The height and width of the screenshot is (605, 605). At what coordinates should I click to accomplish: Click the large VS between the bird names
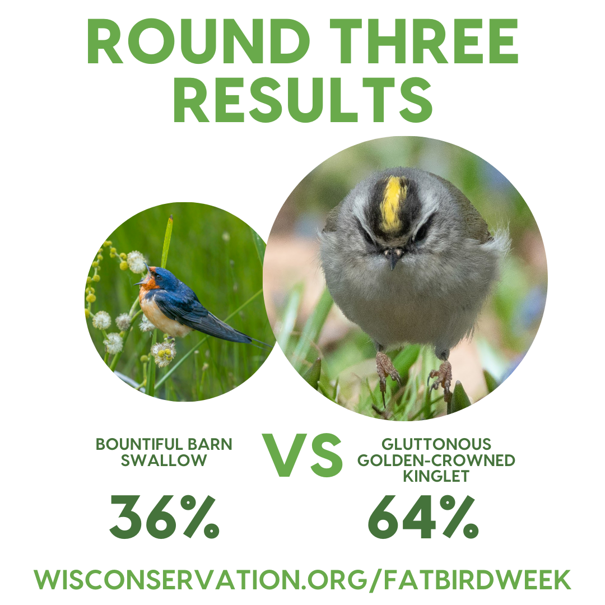303,455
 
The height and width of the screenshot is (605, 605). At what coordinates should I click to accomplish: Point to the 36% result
164,517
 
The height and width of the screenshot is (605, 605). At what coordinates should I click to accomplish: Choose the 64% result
423,517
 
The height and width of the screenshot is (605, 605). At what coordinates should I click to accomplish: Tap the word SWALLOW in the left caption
164,460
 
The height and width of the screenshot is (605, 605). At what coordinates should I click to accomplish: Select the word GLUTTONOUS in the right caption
436,445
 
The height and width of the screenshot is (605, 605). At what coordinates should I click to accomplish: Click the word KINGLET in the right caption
436,476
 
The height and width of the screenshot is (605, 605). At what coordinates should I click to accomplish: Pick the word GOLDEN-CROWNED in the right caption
436,460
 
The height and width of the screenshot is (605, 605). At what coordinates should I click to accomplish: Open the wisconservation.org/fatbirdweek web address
302,579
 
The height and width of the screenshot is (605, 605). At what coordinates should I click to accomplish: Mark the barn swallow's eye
158,277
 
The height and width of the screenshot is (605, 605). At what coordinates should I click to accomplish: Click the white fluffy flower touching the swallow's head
136,262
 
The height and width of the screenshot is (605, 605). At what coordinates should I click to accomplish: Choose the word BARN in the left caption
212,445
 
